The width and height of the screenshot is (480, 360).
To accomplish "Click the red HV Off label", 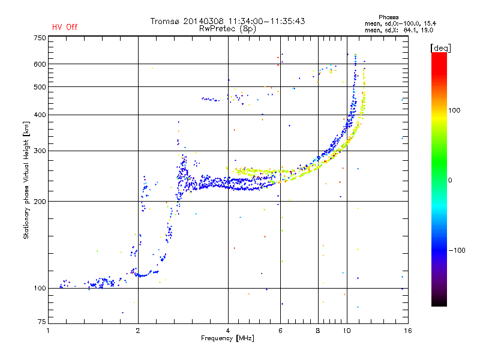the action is pyautogui.click(x=65, y=27).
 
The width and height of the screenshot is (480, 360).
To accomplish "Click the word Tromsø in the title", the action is pyautogui.click(x=164, y=21).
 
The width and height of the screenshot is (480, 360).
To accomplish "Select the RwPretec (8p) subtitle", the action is pyautogui.click(x=227, y=29).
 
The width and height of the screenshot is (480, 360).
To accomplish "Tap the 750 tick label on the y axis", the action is pyautogui.click(x=40, y=38).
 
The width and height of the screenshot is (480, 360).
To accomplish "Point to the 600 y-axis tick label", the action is pyautogui.click(x=40, y=64).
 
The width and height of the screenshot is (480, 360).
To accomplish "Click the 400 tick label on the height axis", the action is pyautogui.click(x=40, y=115).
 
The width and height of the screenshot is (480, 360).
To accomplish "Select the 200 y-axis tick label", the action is pyautogui.click(x=40, y=202).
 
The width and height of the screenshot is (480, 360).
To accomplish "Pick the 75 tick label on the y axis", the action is pyautogui.click(x=42, y=322).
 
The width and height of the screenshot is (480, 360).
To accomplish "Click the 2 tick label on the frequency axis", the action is pyautogui.click(x=138, y=331).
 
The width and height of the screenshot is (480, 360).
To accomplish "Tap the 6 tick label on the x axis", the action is pyautogui.click(x=280, y=331).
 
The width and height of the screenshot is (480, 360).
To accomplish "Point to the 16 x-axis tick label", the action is pyautogui.click(x=408, y=331).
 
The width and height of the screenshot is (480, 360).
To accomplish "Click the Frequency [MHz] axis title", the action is pyautogui.click(x=227, y=338).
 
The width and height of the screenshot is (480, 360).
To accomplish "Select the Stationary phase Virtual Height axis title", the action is pyautogui.click(x=26, y=180).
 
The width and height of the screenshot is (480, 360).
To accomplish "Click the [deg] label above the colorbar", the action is pyautogui.click(x=440, y=49).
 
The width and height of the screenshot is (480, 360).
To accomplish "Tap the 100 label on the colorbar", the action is pyautogui.click(x=454, y=110).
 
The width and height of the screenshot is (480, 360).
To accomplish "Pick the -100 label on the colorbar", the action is pyautogui.click(x=457, y=250).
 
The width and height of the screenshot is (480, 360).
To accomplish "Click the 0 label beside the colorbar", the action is pyautogui.click(x=450, y=181).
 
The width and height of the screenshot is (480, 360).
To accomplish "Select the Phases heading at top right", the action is pyautogui.click(x=388, y=17).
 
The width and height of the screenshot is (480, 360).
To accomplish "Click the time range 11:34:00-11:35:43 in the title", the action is pyautogui.click(x=266, y=21).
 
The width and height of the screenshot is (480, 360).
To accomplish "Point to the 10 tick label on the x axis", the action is pyautogui.click(x=347, y=331).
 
